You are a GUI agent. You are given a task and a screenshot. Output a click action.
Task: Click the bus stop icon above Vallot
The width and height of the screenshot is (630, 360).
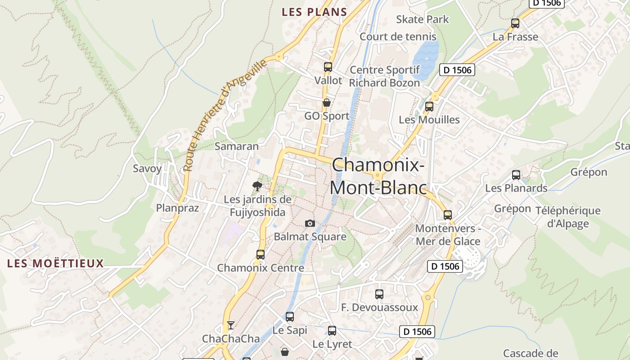[x=328, y=67]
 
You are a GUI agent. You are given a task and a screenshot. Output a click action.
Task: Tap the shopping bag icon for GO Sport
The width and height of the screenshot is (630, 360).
[x=327, y=103]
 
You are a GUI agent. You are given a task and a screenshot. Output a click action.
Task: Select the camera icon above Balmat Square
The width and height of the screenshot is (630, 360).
[x=310, y=223]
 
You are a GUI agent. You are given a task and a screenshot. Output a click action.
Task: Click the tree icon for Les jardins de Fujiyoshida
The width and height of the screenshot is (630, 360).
[x=257, y=185]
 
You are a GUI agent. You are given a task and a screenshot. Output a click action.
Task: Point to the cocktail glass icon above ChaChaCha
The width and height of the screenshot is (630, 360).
[x=231, y=325]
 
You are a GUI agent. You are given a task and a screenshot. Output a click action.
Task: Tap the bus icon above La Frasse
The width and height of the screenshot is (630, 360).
[x=515, y=23]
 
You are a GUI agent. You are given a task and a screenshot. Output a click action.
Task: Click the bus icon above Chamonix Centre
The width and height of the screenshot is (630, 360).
[x=260, y=254]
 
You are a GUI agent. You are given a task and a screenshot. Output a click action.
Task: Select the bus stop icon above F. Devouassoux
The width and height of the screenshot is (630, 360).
[x=379, y=294]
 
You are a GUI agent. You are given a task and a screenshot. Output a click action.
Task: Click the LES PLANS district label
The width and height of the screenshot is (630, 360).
[x=314, y=12]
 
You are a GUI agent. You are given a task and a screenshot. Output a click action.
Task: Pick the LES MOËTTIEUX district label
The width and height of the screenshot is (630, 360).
[x=56, y=263]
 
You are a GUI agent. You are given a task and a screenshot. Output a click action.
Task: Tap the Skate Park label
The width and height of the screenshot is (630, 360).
[x=422, y=19]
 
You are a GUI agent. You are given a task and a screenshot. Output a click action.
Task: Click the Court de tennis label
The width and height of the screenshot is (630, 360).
[x=398, y=36]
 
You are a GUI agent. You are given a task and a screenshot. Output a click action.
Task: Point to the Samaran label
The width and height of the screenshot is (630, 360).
[x=237, y=146]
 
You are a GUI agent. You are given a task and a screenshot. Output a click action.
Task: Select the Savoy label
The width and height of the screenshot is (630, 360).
[x=147, y=169]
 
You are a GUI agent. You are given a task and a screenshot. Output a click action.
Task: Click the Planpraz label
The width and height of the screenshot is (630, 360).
[x=177, y=208]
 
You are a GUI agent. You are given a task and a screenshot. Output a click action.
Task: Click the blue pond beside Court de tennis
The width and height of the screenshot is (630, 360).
[x=425, y=54]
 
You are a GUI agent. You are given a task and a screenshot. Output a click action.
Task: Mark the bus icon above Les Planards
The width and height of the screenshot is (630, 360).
[x=516, y=175]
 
